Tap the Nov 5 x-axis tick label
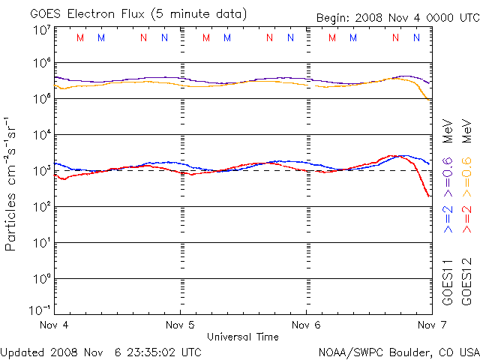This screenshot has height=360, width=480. (x=180, y=325)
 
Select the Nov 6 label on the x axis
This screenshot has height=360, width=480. (x=306, y=325)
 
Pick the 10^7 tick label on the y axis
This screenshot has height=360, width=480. (x=41, y=30)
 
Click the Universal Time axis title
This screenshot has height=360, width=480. (x=243, y=337)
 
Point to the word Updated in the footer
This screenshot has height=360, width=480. (x=22, y=351)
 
